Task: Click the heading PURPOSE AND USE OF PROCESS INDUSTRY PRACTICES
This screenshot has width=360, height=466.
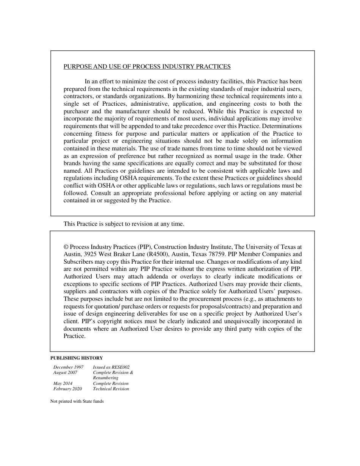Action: pos(147,67)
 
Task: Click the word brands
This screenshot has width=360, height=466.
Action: pos(72,163)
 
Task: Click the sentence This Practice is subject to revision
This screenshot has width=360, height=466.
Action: pos(124,224)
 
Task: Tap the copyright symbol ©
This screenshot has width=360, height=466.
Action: pos(66,247)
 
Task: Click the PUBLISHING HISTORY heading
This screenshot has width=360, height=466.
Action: pos(77,358)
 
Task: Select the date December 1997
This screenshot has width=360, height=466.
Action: pos(68,367)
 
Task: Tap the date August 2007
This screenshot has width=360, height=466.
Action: pos(65,372)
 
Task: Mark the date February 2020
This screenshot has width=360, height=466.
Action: pos(67,389)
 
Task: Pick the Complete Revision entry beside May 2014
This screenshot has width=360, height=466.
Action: pos(111,383)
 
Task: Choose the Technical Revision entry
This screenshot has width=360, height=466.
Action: pos(111,389)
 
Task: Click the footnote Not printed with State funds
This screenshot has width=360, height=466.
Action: pos(77,402)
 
